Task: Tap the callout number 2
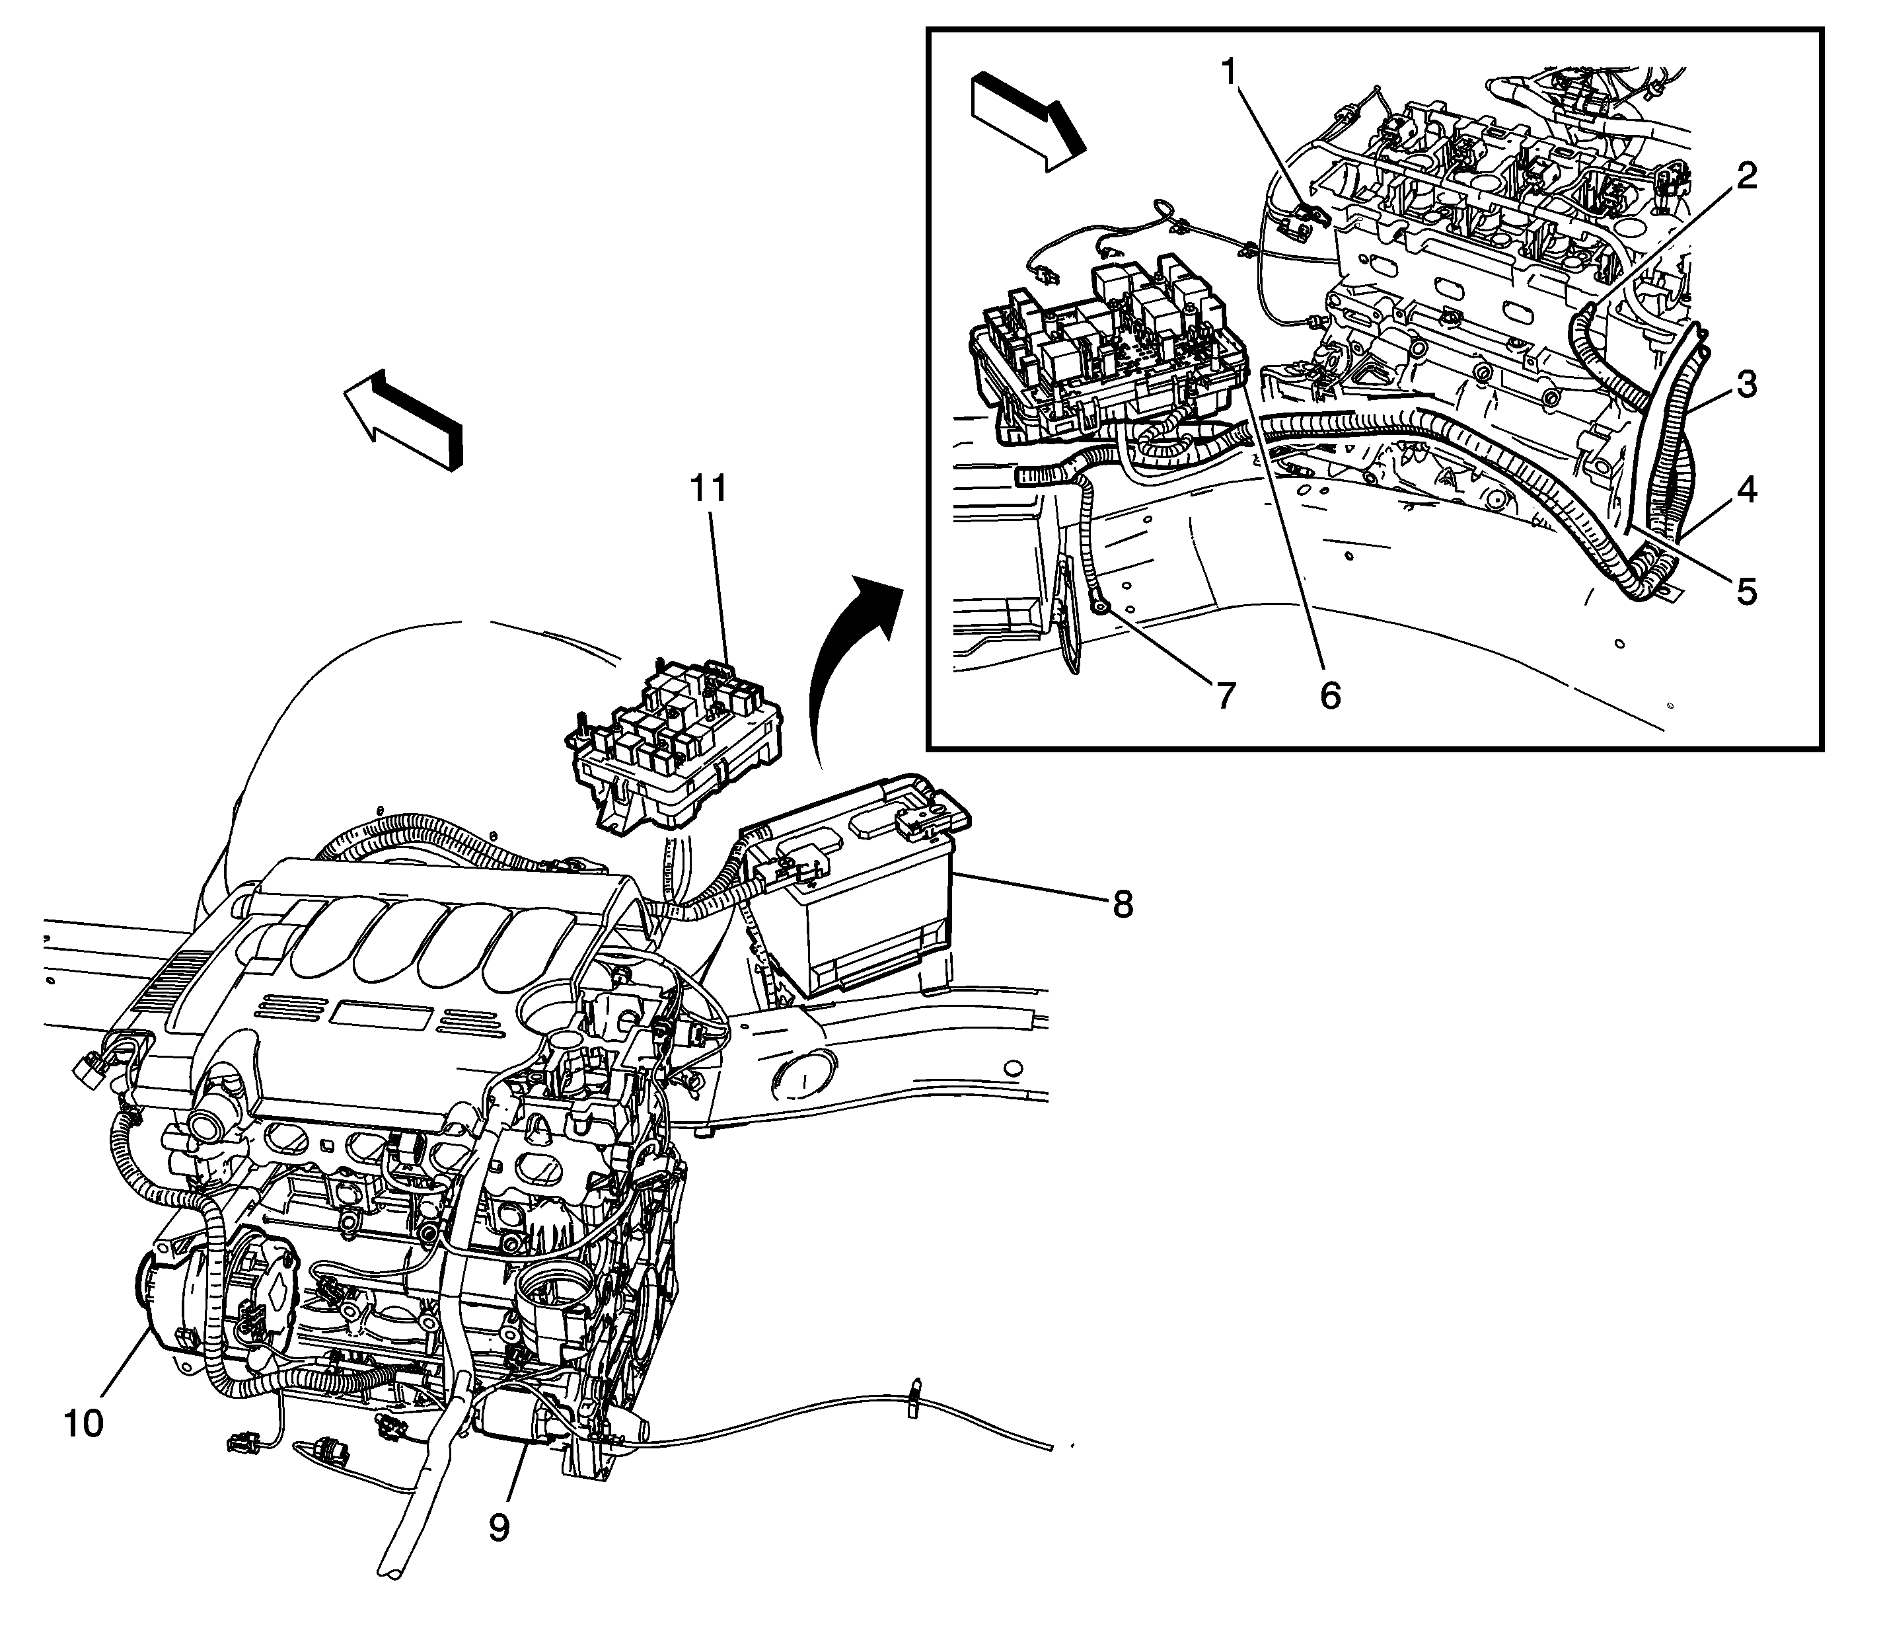1743,175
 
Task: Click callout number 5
1746,590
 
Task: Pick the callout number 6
1330,695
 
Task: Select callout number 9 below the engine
498,1528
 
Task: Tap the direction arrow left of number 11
405,419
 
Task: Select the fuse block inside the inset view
1105,359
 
